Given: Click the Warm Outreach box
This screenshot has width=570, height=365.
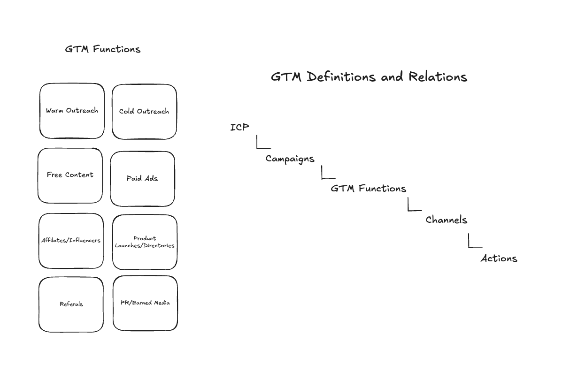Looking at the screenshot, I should click(72, 111).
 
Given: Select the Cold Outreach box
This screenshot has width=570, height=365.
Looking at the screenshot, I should click(144, 112).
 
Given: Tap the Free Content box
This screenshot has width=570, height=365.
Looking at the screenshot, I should click(70, 175).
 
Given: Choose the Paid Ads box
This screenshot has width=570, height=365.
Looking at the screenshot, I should click(142, 179).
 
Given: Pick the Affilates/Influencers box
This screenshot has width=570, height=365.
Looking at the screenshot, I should click(71, 241).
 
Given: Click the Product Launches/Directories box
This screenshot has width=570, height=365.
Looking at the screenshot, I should click(145, 242).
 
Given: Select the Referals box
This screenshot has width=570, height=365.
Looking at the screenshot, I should click(71, 304).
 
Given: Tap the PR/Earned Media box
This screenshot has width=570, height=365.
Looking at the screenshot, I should click(145, 303).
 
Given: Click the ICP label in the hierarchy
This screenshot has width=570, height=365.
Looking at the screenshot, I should click(239, 127).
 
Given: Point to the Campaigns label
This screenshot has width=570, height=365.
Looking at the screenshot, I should click(290, 159).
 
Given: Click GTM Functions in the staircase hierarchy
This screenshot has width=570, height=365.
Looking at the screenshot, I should click(368, 189).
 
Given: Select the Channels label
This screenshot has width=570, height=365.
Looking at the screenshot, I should click(446, 220).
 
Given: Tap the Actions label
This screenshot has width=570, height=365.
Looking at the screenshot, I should click(499, 259).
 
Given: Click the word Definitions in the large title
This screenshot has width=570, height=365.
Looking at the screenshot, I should click(341, 77).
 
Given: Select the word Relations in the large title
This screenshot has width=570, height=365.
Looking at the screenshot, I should click(438, 77).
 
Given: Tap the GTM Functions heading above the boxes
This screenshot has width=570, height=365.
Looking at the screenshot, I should click(102, 49).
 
